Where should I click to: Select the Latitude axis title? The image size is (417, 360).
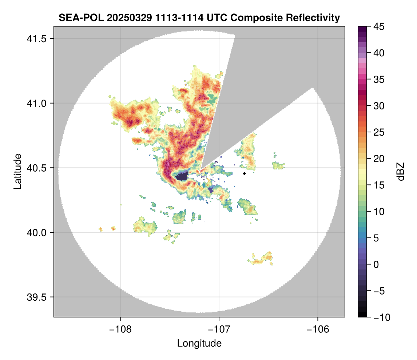(17, 171)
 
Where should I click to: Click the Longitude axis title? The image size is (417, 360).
(199, 343)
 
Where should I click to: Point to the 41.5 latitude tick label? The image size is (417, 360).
(36, 39)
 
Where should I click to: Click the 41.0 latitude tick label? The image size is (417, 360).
(36, 103)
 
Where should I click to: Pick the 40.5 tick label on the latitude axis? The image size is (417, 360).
(36, 168)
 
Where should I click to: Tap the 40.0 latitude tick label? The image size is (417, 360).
(36, 232)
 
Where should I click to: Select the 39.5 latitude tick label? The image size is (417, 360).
(36, 297)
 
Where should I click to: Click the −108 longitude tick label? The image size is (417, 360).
(120, 329)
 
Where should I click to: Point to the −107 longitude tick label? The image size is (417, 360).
(219, 329)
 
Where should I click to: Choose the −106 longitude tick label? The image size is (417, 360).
(318, 329)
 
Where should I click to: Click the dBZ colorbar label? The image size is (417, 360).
(401, 172)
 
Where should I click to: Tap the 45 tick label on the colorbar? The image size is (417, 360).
(379, 27)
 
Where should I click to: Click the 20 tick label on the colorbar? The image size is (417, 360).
(379, 159)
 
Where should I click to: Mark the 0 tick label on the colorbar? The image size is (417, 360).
(376, 264)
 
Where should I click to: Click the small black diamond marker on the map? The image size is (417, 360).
(245, 173)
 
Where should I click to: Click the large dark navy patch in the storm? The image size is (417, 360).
(181, 176)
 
